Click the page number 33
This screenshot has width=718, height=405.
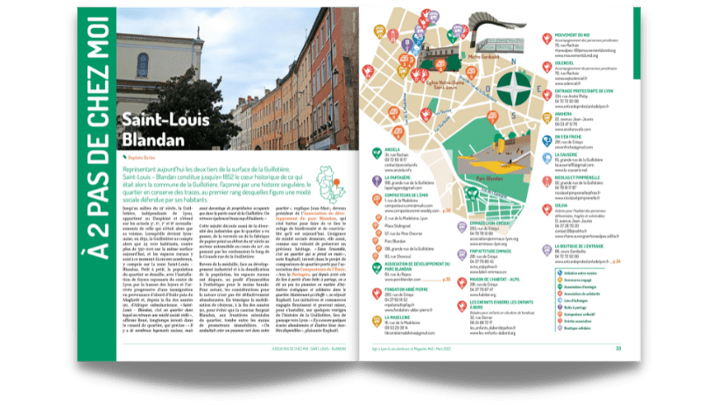click(617, 346)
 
